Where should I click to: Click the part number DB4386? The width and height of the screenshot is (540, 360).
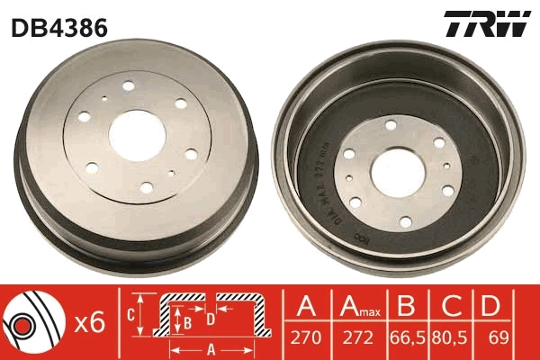(x=59, y=27)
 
